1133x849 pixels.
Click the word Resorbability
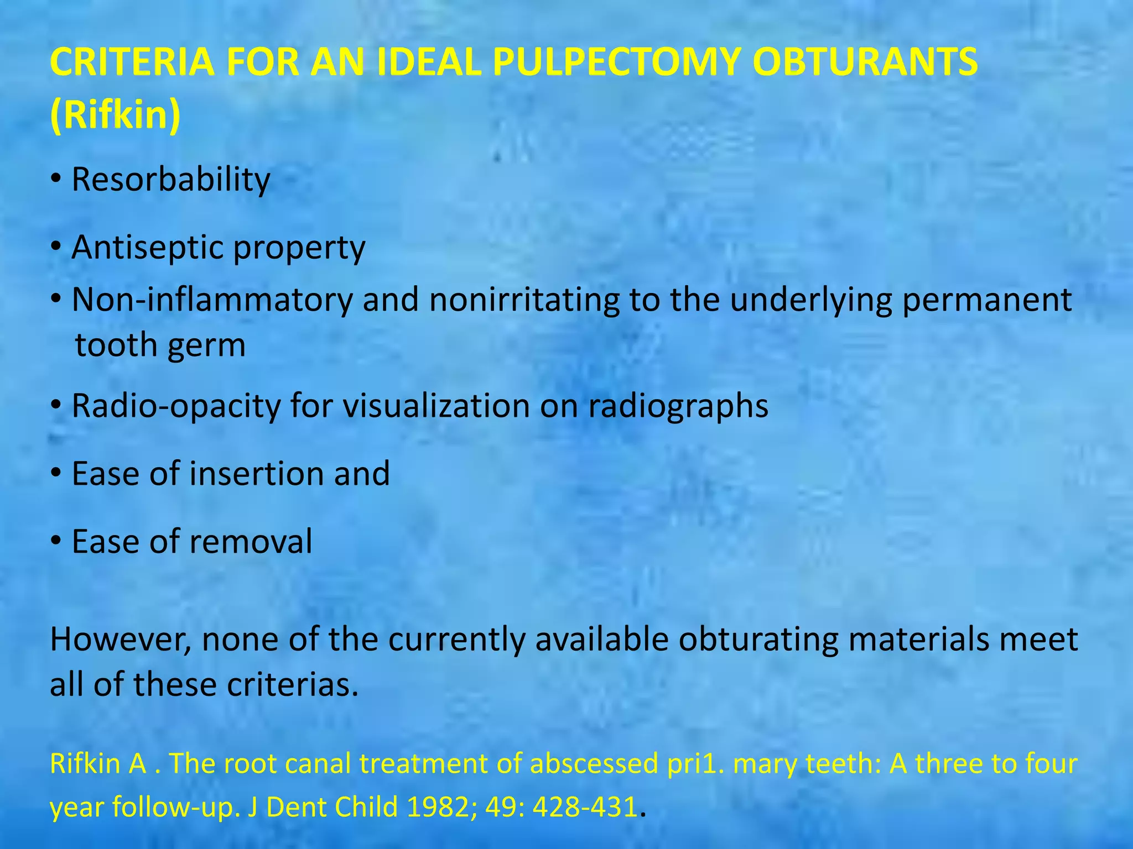click(x=171, y=180)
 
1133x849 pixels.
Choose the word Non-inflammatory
click(x=212, y=300)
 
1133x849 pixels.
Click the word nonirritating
click(x=524, y=300)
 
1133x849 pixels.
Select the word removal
click(x=251, y=541)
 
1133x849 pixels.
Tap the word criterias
click(x=293, y=685)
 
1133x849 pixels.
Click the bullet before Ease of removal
click(x=56, y=542)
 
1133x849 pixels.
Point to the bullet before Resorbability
click(x=56, y=180)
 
